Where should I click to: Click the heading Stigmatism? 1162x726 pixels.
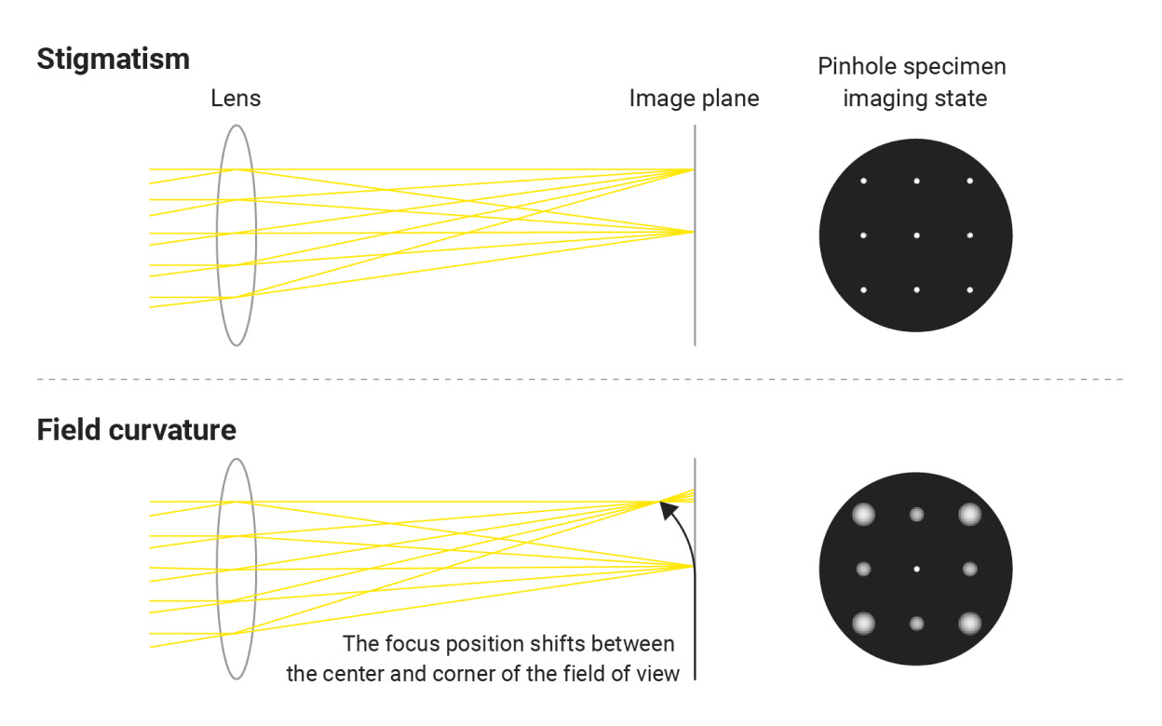click(x=113, y=60)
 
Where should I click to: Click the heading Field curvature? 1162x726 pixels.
click(x=136, y=431)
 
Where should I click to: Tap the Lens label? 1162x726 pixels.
click(x=236, y=98)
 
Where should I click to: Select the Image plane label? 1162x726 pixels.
click(x=694, y=98)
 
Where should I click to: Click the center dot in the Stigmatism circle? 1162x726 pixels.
click(x=916, y=235)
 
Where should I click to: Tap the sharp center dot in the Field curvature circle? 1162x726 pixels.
click(x=916, y=569)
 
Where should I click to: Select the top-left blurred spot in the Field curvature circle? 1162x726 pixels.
click(x=863, y=514)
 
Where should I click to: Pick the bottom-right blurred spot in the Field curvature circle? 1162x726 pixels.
click(x=970, y=623)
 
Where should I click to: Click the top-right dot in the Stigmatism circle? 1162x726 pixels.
click(x=969, y=181)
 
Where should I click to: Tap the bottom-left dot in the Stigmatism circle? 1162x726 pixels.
click(x=863, y=290)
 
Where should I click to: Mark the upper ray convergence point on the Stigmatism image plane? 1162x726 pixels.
click(x=693, y=169)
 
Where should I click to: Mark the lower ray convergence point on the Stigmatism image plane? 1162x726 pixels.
click(x=693, y=232)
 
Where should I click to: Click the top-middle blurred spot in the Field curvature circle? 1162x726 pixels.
click(x=916, y=514)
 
